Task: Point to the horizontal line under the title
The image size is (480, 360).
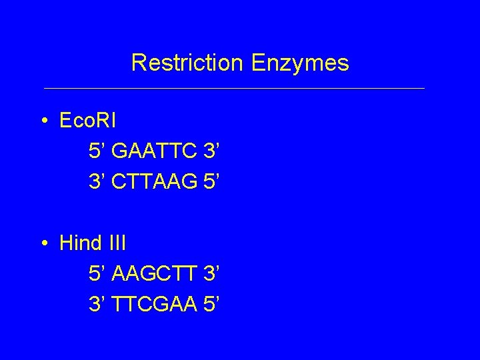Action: (233, 88)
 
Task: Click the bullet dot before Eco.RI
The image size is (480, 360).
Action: (43, 121)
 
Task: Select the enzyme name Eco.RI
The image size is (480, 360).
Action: (87, 121)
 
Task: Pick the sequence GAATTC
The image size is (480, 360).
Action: (155, 151)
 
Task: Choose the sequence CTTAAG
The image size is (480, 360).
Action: (155, 181)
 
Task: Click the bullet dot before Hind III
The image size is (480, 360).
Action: (43, 243)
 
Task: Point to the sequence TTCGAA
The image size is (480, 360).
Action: (155, 304)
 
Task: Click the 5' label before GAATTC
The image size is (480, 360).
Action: (97, 151)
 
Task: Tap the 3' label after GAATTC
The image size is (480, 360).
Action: (211, 151)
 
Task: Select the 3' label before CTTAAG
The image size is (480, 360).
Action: (97, 181)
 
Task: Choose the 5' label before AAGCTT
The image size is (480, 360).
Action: (97, 274)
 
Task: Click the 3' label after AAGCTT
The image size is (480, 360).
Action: (211, 274)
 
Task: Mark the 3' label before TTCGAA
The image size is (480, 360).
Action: (97, 304)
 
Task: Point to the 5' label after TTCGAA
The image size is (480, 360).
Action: (211, 304)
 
